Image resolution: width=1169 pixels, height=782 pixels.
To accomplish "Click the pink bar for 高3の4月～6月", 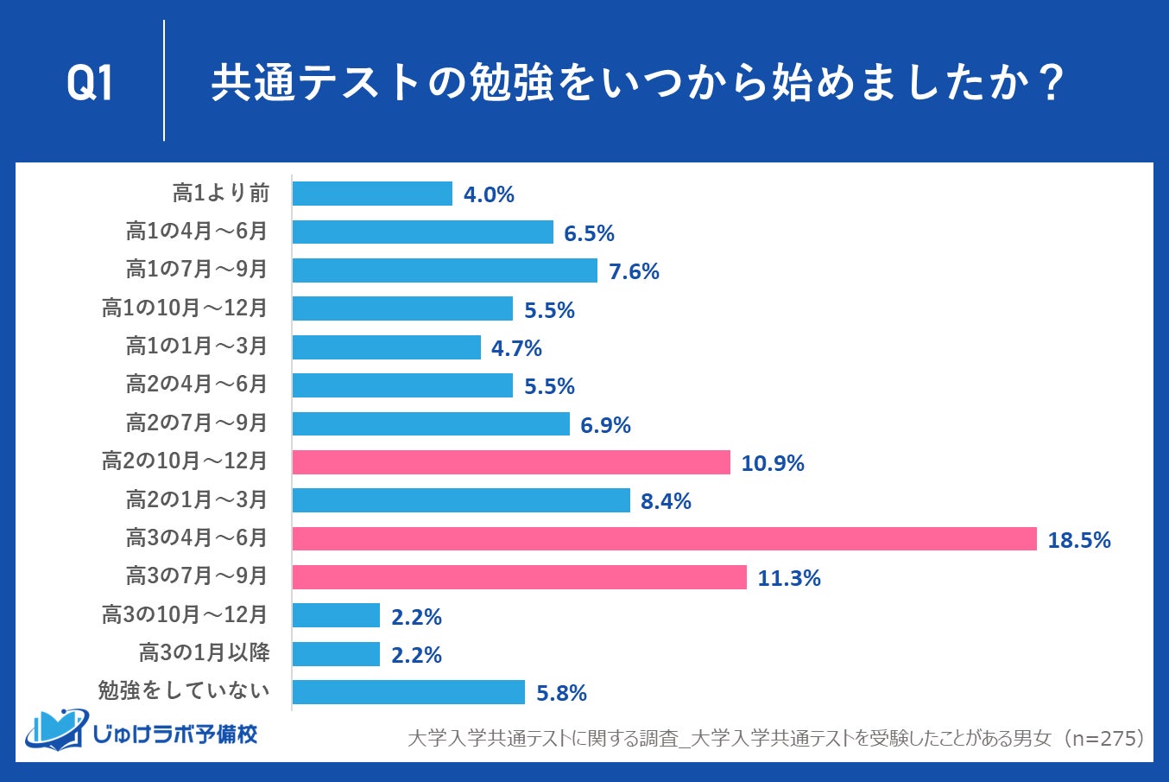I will (x=664, y=538).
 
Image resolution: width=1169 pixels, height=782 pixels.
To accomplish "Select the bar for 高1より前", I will (x=372, y=194).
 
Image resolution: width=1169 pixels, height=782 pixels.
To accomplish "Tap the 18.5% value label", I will (x=1078, y=540).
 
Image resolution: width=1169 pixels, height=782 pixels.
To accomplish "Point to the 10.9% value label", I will (x=772, y=463).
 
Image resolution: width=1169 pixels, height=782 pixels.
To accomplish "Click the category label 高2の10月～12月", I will (x=185, y=461).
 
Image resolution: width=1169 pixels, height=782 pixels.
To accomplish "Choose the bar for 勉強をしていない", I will (x=408, y=692).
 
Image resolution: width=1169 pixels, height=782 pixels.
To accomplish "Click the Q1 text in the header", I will (x=90, y=84).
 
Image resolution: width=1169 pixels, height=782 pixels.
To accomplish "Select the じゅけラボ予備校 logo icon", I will (x=57, y=730).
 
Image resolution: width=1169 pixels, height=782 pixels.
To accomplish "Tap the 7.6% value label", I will (x=634, y=271).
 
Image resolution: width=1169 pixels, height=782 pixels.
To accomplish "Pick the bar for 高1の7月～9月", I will (x=445, y=270).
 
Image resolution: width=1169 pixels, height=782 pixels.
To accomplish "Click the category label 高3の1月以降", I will (x=205, y=652).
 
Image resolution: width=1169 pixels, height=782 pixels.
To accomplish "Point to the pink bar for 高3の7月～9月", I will (x=519, y=577).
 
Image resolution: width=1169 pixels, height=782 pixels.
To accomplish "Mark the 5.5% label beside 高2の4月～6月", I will (x=549, y=386).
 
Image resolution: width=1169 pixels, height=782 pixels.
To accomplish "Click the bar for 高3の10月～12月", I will (x=336, y=615).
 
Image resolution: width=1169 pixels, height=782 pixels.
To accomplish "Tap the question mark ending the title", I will (x=1051, y=84).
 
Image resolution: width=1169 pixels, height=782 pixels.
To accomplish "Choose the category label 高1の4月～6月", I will (x=197, y=232).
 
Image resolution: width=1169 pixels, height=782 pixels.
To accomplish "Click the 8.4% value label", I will (x=666, y=501).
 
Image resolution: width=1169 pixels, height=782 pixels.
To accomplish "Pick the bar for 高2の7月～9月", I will (x=431, y=423).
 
